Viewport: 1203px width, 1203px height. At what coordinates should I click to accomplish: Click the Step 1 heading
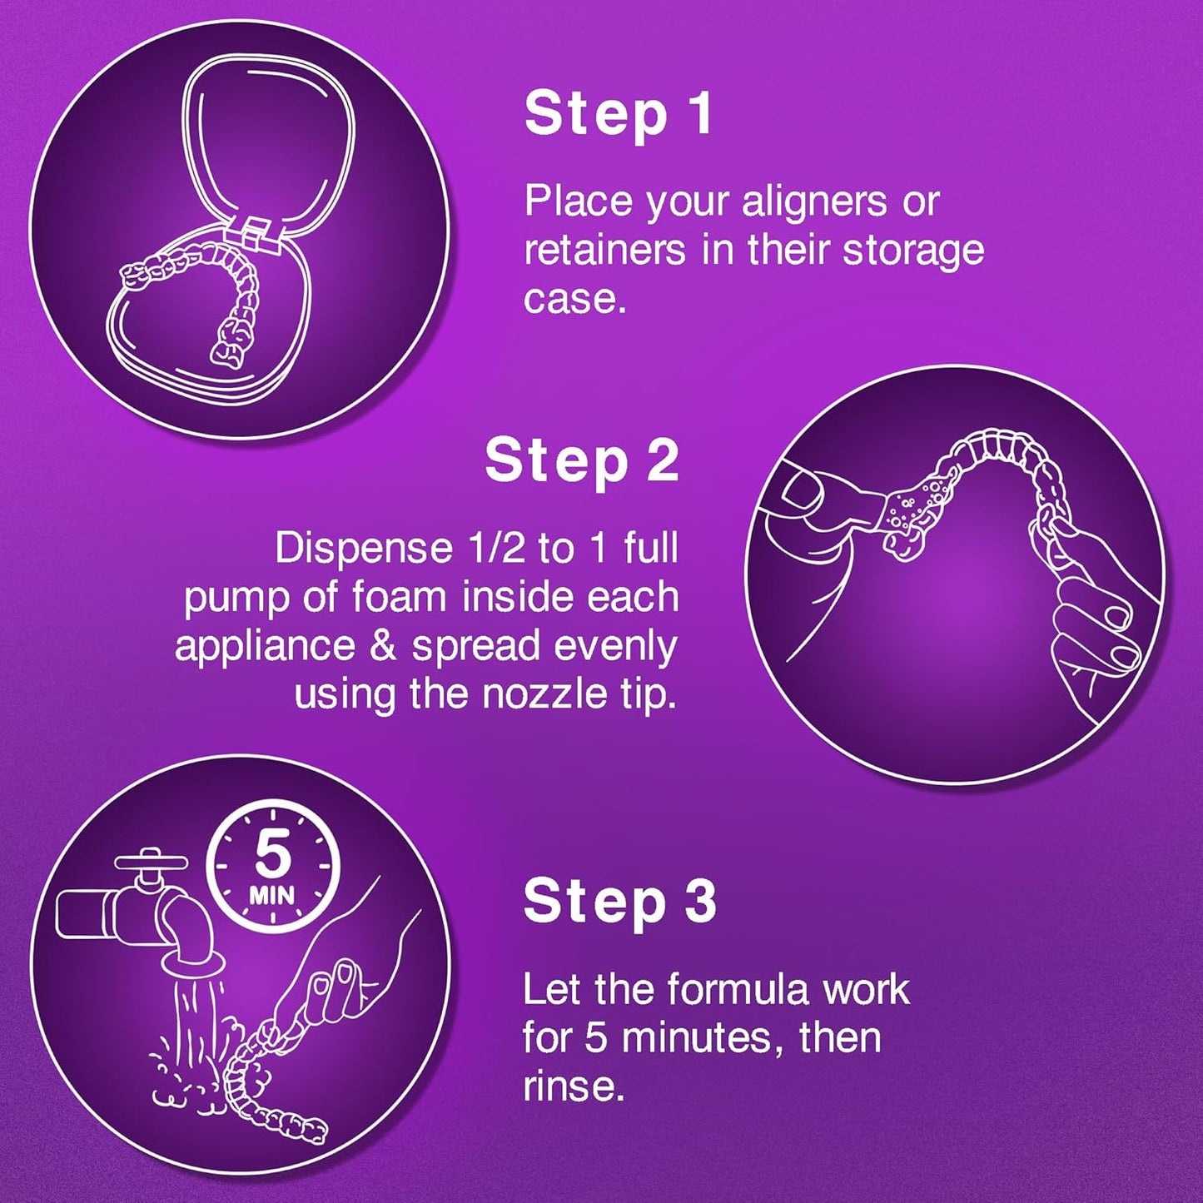pyautogui.click(x=618, y=114)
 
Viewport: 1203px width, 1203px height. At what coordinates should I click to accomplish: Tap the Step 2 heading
pyautogui.click(x=581, y=460)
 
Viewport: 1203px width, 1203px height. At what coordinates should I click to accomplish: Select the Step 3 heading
pyautogui.click(x=619, y=901)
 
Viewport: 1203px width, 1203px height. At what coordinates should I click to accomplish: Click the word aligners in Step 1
pyautogui.click(x=814, y=202)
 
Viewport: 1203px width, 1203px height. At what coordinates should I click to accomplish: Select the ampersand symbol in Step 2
pyautogui.click(x=383, y=647)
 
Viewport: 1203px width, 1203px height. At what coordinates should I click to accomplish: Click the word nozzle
pyautogui.click(x=545, y=694)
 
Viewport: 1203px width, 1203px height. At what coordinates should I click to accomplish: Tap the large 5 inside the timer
pyautogui.click(x=272, y=855)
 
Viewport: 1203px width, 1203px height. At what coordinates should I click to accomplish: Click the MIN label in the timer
pyautogui.click(x=271, y=896)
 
